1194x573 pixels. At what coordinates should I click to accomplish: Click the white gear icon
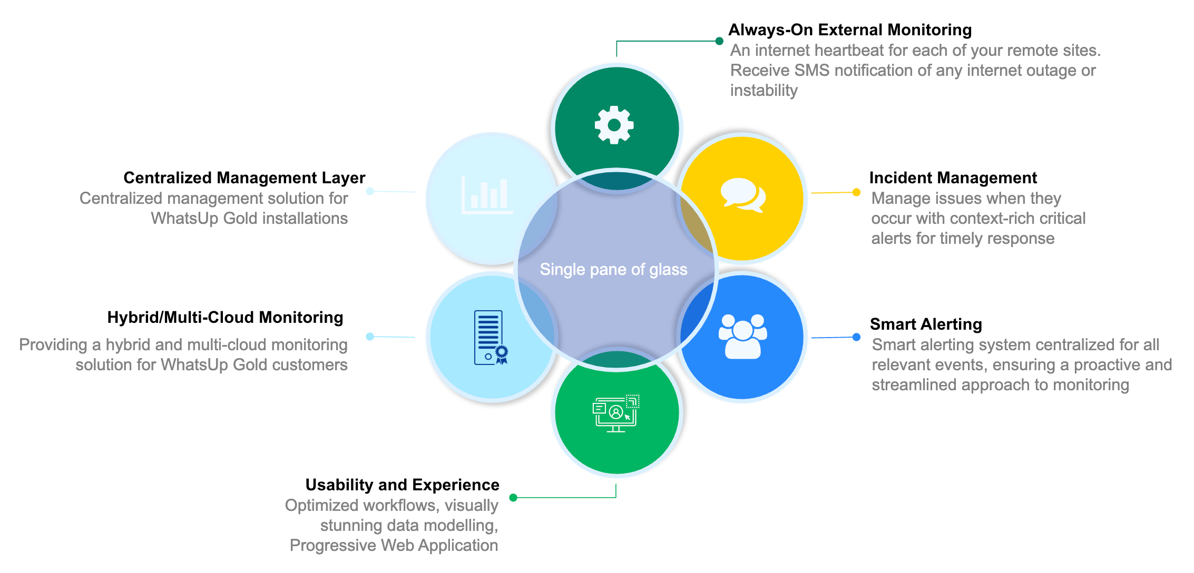coord(614,125)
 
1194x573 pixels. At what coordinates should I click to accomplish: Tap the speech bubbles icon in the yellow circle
coord(743,195)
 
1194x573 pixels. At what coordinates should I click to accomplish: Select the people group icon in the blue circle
coord(743,337)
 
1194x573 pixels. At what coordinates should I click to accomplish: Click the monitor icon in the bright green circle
coord(616,413)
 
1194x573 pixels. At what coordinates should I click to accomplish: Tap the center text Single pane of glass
coord(613,270)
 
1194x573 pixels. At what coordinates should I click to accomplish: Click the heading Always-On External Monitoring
coord(850,30)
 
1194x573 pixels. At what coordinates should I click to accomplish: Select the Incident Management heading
coord(953,178)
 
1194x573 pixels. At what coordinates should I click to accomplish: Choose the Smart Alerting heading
coord(926,324)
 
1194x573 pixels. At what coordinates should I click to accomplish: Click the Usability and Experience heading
coord(403,485)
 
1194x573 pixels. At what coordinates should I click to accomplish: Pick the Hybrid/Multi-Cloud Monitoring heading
coord(225,318)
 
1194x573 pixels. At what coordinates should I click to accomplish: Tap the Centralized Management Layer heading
coord(244,178)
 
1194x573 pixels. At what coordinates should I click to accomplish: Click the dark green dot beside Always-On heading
coord(719,41)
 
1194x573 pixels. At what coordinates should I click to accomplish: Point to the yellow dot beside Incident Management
coord(857,192)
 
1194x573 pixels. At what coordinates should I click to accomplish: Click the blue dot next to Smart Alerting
coord(857,337)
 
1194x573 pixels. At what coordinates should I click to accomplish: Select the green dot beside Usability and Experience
coord(513,498)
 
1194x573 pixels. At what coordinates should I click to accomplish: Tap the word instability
coord(764,91)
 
